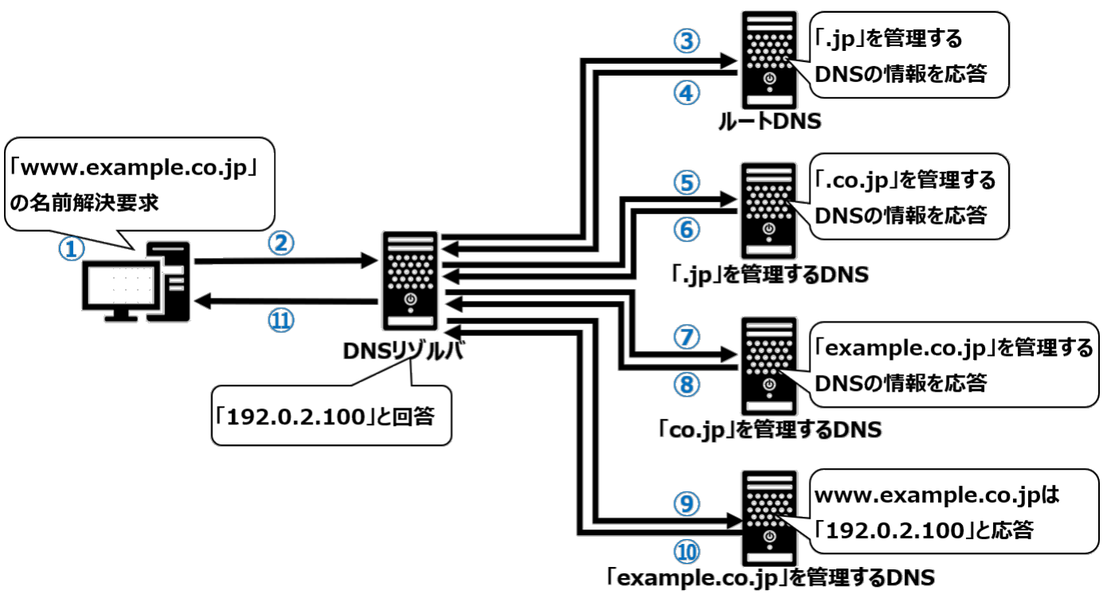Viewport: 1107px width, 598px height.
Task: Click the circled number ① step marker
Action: (71, 248)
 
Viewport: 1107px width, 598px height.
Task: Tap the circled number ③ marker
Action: (687, 41)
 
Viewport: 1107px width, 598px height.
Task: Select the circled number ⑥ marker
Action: (687, 229)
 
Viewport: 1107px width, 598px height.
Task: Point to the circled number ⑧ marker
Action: (687, 384)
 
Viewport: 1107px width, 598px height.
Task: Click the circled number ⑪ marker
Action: (280, 321)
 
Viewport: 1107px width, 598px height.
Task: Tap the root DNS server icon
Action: (769, 59)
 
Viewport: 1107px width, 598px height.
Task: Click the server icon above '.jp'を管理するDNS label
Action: (769, 210)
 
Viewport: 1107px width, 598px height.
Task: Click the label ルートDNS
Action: (768, 121)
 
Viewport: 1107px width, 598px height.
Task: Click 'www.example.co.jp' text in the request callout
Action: (135, 170)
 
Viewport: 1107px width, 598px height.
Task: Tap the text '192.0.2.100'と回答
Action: (327, 416)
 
